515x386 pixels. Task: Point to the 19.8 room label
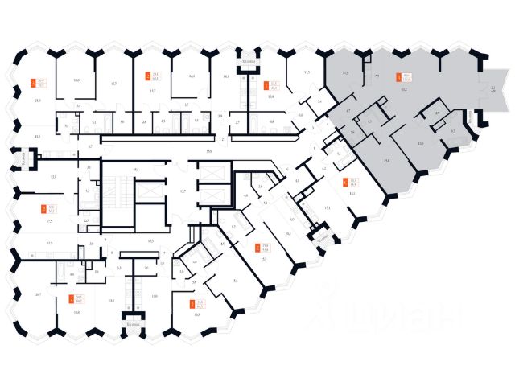click(x=387, y=162)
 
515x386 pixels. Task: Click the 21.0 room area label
click(x=38, y=100)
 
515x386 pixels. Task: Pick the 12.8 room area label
click(x=76, y=80)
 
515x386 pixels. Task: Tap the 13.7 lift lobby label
click(x=183, y=191)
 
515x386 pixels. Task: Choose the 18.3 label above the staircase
click(x=136, y=169)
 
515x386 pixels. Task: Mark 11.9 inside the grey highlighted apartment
click(x=345, y=73)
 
